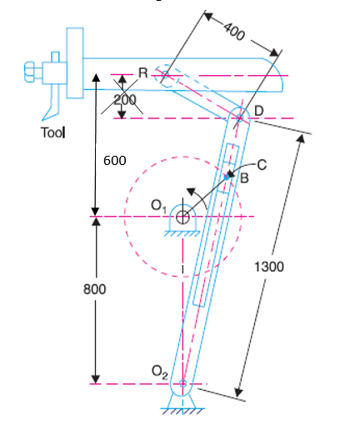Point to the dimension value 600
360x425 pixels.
click(113, 160)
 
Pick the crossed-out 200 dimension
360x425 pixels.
click(125, 99)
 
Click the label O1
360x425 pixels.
click(158, 203)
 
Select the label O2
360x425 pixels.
click(160, 370)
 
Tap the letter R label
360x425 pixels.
click(142, 72)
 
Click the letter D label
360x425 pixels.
click(258, 111)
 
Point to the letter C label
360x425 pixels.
click(262, 164)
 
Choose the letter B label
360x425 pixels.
click(244, 177)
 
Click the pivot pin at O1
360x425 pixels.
click(182, 217)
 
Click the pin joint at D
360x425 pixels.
click(240, 117)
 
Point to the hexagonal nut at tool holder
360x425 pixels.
click(29, 73)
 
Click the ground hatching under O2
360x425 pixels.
click(182, 412)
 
